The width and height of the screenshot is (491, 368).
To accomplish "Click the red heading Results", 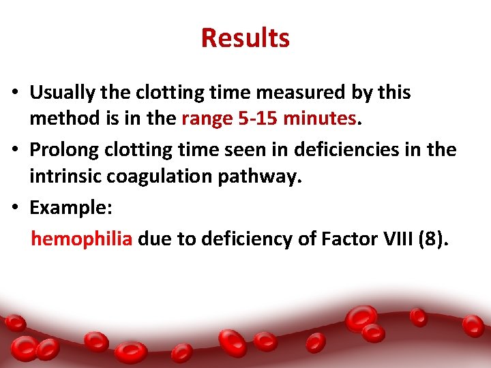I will coord(245,37).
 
